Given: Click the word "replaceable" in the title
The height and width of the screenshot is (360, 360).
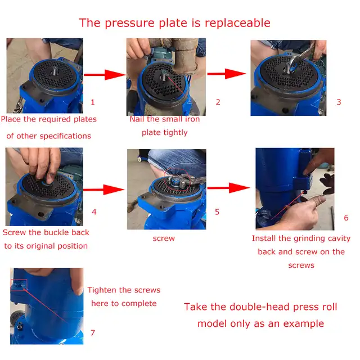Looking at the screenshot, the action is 237,23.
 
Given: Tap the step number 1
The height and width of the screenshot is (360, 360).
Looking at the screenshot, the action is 93,102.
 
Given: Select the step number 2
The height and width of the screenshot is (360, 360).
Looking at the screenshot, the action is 218,102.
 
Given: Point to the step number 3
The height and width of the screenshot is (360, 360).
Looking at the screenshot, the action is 339,102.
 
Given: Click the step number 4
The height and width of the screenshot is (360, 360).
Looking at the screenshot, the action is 94,212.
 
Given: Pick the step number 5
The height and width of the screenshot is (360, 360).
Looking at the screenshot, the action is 217,212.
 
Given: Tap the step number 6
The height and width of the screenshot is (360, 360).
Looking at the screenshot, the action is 346,218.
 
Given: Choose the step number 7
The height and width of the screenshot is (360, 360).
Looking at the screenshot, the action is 93,333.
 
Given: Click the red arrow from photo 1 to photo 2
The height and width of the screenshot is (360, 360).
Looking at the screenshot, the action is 105,75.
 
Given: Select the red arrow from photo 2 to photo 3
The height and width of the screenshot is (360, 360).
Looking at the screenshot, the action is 227,74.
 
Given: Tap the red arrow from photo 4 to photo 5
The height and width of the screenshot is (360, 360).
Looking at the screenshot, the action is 103,190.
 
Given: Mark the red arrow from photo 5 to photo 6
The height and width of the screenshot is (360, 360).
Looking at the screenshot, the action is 228,188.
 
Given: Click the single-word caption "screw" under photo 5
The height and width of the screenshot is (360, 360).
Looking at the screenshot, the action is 164,238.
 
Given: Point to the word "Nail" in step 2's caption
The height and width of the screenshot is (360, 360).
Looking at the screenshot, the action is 137,119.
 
